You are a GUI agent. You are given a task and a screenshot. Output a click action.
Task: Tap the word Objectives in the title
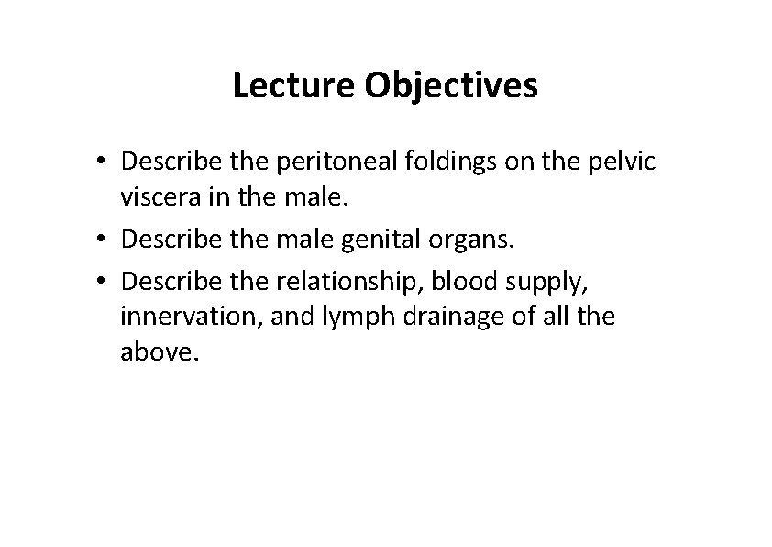(451, 86)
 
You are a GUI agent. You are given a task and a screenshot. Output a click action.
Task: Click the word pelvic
(624, 162)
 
